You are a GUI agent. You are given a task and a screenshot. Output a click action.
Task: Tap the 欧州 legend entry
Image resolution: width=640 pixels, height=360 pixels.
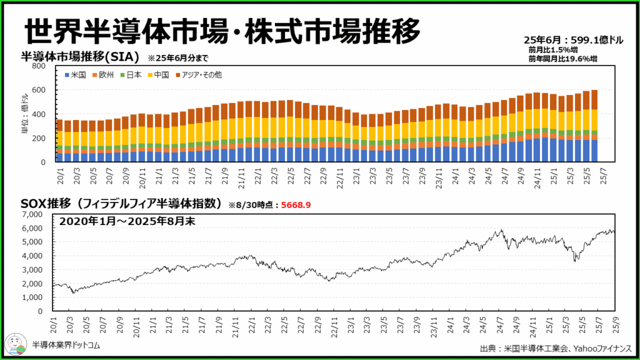pos(103,75)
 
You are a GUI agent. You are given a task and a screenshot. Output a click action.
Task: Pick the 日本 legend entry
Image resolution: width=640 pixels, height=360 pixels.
pos(132,75)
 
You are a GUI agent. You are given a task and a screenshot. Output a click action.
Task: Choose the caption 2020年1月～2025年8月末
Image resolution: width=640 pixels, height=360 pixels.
pos(127,222)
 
